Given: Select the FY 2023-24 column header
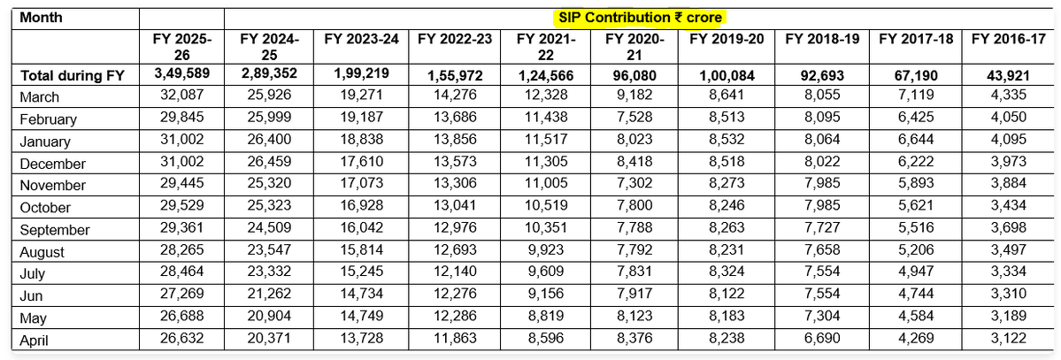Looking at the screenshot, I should point(362,39).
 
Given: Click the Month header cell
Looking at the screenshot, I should point(41,17).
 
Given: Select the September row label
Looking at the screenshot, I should point(55,230).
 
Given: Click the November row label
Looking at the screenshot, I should point(53,186).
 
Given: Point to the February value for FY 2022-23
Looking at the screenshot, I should point(453,119).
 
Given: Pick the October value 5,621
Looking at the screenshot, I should point(911,208).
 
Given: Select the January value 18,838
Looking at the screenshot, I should point(362,142).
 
